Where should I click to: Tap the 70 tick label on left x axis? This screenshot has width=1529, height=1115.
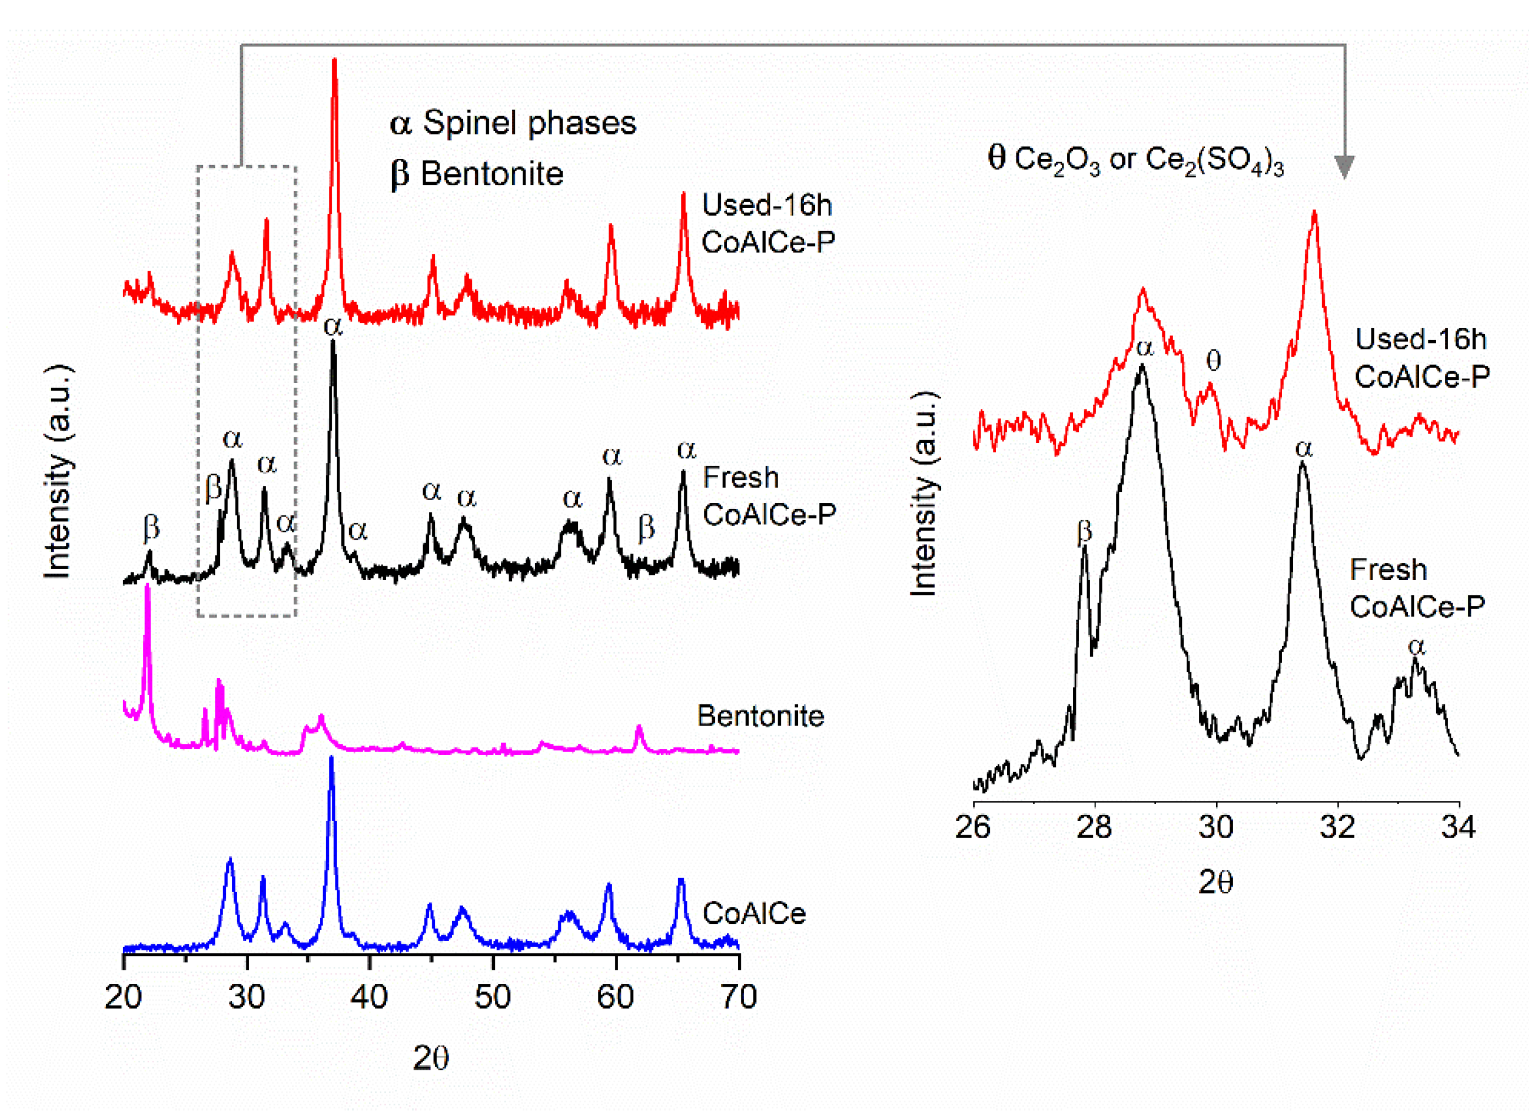tap(738, 997)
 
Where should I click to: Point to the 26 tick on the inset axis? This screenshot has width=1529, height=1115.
tap(973, 827)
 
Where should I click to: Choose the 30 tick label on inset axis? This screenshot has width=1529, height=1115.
tap(1216, 827)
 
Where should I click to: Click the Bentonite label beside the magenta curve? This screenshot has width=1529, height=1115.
tap(760, 715)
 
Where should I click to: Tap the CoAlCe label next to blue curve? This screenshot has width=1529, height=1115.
tap(754, 913)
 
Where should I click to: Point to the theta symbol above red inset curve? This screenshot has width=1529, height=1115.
tap(1213, 361)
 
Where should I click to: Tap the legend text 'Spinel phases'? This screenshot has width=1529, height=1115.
tap(529, 123)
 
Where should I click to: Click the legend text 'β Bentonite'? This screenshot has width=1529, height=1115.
tap(476, 174)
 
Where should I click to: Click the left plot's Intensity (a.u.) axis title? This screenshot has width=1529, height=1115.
tap(58, 471)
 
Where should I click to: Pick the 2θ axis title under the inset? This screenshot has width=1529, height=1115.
tap(1215, 882)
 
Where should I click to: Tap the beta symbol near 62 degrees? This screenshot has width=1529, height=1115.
tap(646, 527)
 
